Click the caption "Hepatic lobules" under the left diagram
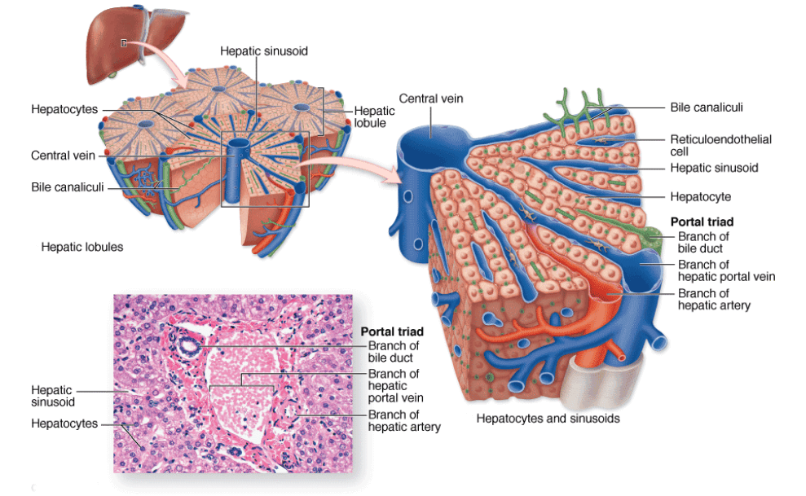click(82, 247)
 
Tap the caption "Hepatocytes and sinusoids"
click(548, 419)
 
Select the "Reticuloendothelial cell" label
click(720, 145)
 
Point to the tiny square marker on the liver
click(124, 43)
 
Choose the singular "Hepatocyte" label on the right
click(701, 196)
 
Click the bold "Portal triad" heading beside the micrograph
click(392, 331)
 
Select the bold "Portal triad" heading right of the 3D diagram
click(702, 222)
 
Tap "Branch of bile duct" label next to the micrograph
click(394, 352)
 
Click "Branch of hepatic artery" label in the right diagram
click(714, 300)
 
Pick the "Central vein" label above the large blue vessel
click(431, 99)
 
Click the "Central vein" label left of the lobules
click(64, 156)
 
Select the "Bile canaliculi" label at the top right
click(707, 108)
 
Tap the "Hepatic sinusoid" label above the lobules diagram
click(264, 51)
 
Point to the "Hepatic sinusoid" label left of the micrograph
click(52, 396)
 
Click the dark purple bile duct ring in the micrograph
click(189, 347)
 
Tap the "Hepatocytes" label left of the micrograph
click(64, 424)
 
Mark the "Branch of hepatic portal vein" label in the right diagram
click(726, 270)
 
